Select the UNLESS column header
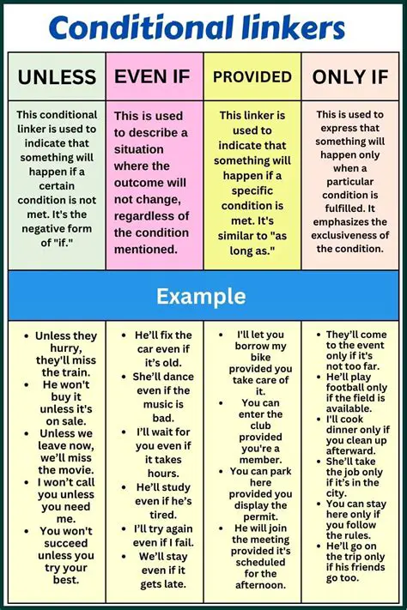(57, 77)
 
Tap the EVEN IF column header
(155, 76)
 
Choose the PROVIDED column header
(252, 77)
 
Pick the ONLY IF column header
(350, 77)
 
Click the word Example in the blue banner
(200, 297)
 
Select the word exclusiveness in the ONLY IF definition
(350, 233)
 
